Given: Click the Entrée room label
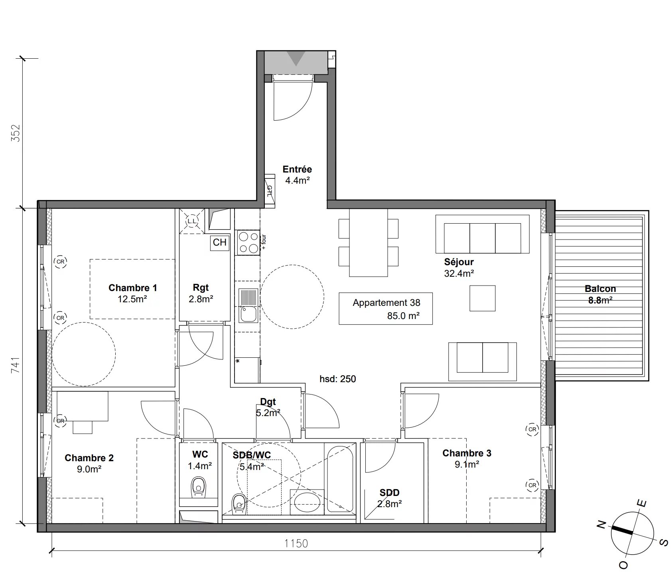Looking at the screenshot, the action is pos(297,169).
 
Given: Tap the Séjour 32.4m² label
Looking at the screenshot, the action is pos(459,268).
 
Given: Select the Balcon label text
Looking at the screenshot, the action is pos(600,289).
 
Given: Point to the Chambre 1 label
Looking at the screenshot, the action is pos(133,288).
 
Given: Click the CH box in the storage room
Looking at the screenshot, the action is pos(220,242).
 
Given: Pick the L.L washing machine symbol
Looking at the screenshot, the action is pos(192,221).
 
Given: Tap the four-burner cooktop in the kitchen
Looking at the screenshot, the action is pos(248,242).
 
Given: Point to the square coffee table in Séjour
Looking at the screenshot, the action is pos(483,298).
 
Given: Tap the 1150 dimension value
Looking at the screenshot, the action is pos(296,543).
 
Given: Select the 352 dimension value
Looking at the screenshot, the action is pos(16,133).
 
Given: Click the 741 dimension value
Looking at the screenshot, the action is pos(16,365).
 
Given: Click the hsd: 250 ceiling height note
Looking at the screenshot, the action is pos(338,379).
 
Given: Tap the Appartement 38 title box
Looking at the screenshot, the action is pos(386,309).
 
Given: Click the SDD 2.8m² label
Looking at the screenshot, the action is pos(390,498).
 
